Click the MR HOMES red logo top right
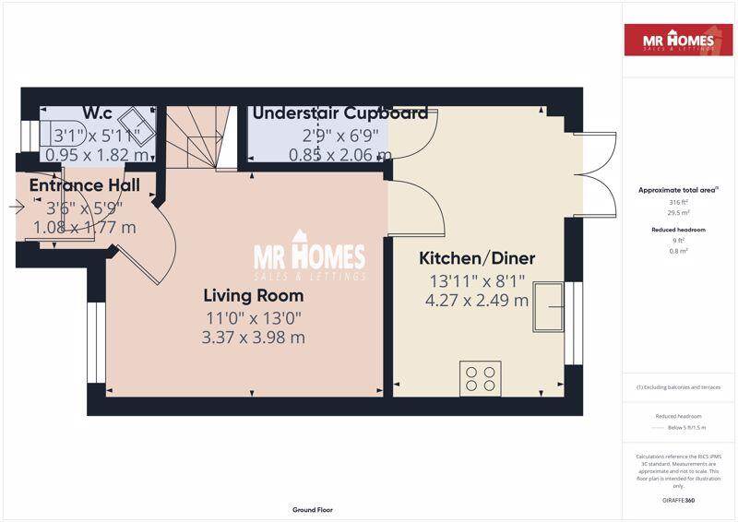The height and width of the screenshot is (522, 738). [680, 40]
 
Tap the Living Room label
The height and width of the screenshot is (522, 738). [253, 296]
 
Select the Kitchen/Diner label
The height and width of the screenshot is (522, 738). [477, 258]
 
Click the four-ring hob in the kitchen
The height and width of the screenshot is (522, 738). [480, 378]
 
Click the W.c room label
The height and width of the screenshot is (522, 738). [97, 113]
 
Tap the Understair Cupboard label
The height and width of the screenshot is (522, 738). [339, 113]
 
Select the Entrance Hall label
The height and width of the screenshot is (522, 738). [84, 185]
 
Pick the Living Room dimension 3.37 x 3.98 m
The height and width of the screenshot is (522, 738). [253, 338]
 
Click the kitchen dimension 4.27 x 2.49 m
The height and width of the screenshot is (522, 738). [477, 300]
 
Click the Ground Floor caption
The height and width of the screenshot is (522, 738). [312, 509]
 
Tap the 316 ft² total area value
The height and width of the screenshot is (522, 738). [678, 202]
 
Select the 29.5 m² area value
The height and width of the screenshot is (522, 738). [678, 212]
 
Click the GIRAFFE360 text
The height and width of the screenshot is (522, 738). [678, 499]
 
